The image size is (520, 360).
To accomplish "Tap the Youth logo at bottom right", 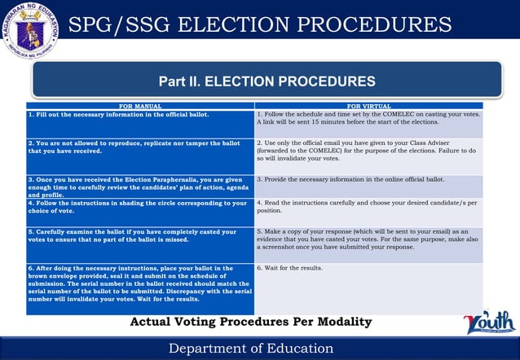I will click(489, 323).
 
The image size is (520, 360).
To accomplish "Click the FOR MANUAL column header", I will click(140, 106).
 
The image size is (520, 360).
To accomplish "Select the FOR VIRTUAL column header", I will click(368, 106).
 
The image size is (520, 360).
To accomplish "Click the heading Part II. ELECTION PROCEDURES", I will click(267, 81).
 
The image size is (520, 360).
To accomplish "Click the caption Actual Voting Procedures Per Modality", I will click(251, 323).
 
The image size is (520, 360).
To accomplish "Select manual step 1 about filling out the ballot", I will click(119, 115).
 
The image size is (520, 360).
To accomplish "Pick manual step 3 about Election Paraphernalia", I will click(136, 187).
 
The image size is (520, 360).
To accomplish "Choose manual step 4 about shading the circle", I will click(137, 207).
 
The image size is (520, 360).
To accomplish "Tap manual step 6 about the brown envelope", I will click(137, 283).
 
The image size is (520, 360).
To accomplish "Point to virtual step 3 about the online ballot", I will click(350, 179).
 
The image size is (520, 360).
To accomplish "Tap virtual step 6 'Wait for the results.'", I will click(289, 268).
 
